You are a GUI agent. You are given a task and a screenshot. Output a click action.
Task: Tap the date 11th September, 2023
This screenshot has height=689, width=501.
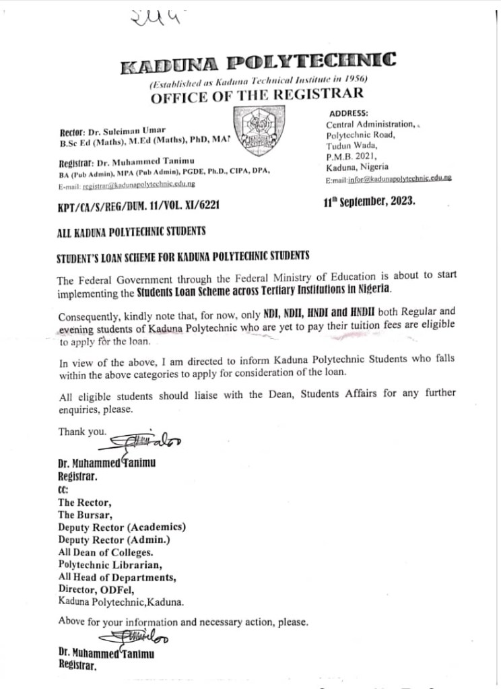370,201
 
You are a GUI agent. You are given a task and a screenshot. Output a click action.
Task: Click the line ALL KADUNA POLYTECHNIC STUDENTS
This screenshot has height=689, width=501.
131,231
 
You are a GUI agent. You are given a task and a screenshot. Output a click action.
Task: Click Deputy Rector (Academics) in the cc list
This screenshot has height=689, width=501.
122,527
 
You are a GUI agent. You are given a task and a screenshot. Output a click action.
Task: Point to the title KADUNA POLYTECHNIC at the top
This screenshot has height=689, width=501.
257,66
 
